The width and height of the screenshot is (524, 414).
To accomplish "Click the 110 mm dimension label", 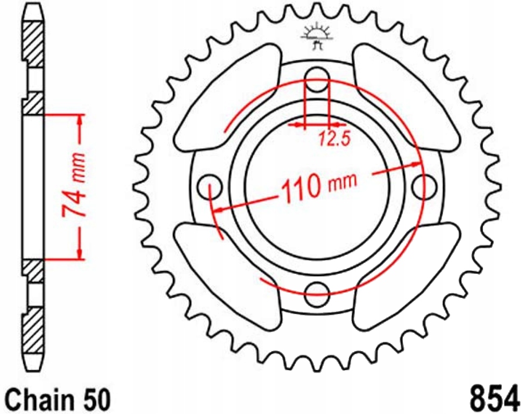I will pyautogui.click(x=318, y=186).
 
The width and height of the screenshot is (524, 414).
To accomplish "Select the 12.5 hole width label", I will pyautogui.click(x=333, y=140).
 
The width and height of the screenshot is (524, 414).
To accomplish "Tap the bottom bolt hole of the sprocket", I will pyautogui.click(x=317, y=292).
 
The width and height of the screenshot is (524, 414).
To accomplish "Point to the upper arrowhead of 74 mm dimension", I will pyautogui.click(x=80, y=120).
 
